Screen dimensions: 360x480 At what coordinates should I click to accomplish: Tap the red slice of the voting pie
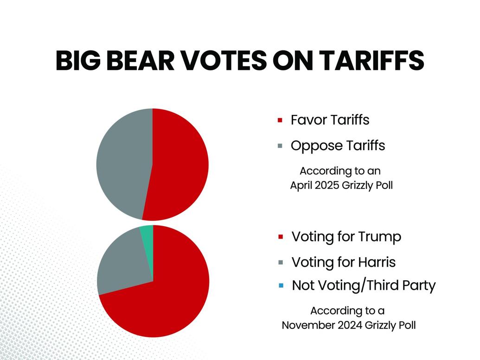coord(162,297)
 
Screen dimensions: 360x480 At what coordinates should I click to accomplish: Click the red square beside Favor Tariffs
coord(280,120)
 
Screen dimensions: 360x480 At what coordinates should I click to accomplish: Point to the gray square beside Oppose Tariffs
coord(280,146)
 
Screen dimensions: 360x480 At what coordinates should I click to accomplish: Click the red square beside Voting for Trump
coord(280,237)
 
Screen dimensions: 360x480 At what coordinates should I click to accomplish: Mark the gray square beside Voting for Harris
coord(280,263)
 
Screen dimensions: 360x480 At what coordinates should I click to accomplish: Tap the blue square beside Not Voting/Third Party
coord(281,286)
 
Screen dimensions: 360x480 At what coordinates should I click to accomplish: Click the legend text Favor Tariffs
coord(330,120)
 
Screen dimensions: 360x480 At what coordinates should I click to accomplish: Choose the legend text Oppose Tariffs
coord(338,146)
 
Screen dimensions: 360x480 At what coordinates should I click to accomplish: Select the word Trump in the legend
coord(380,237)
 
